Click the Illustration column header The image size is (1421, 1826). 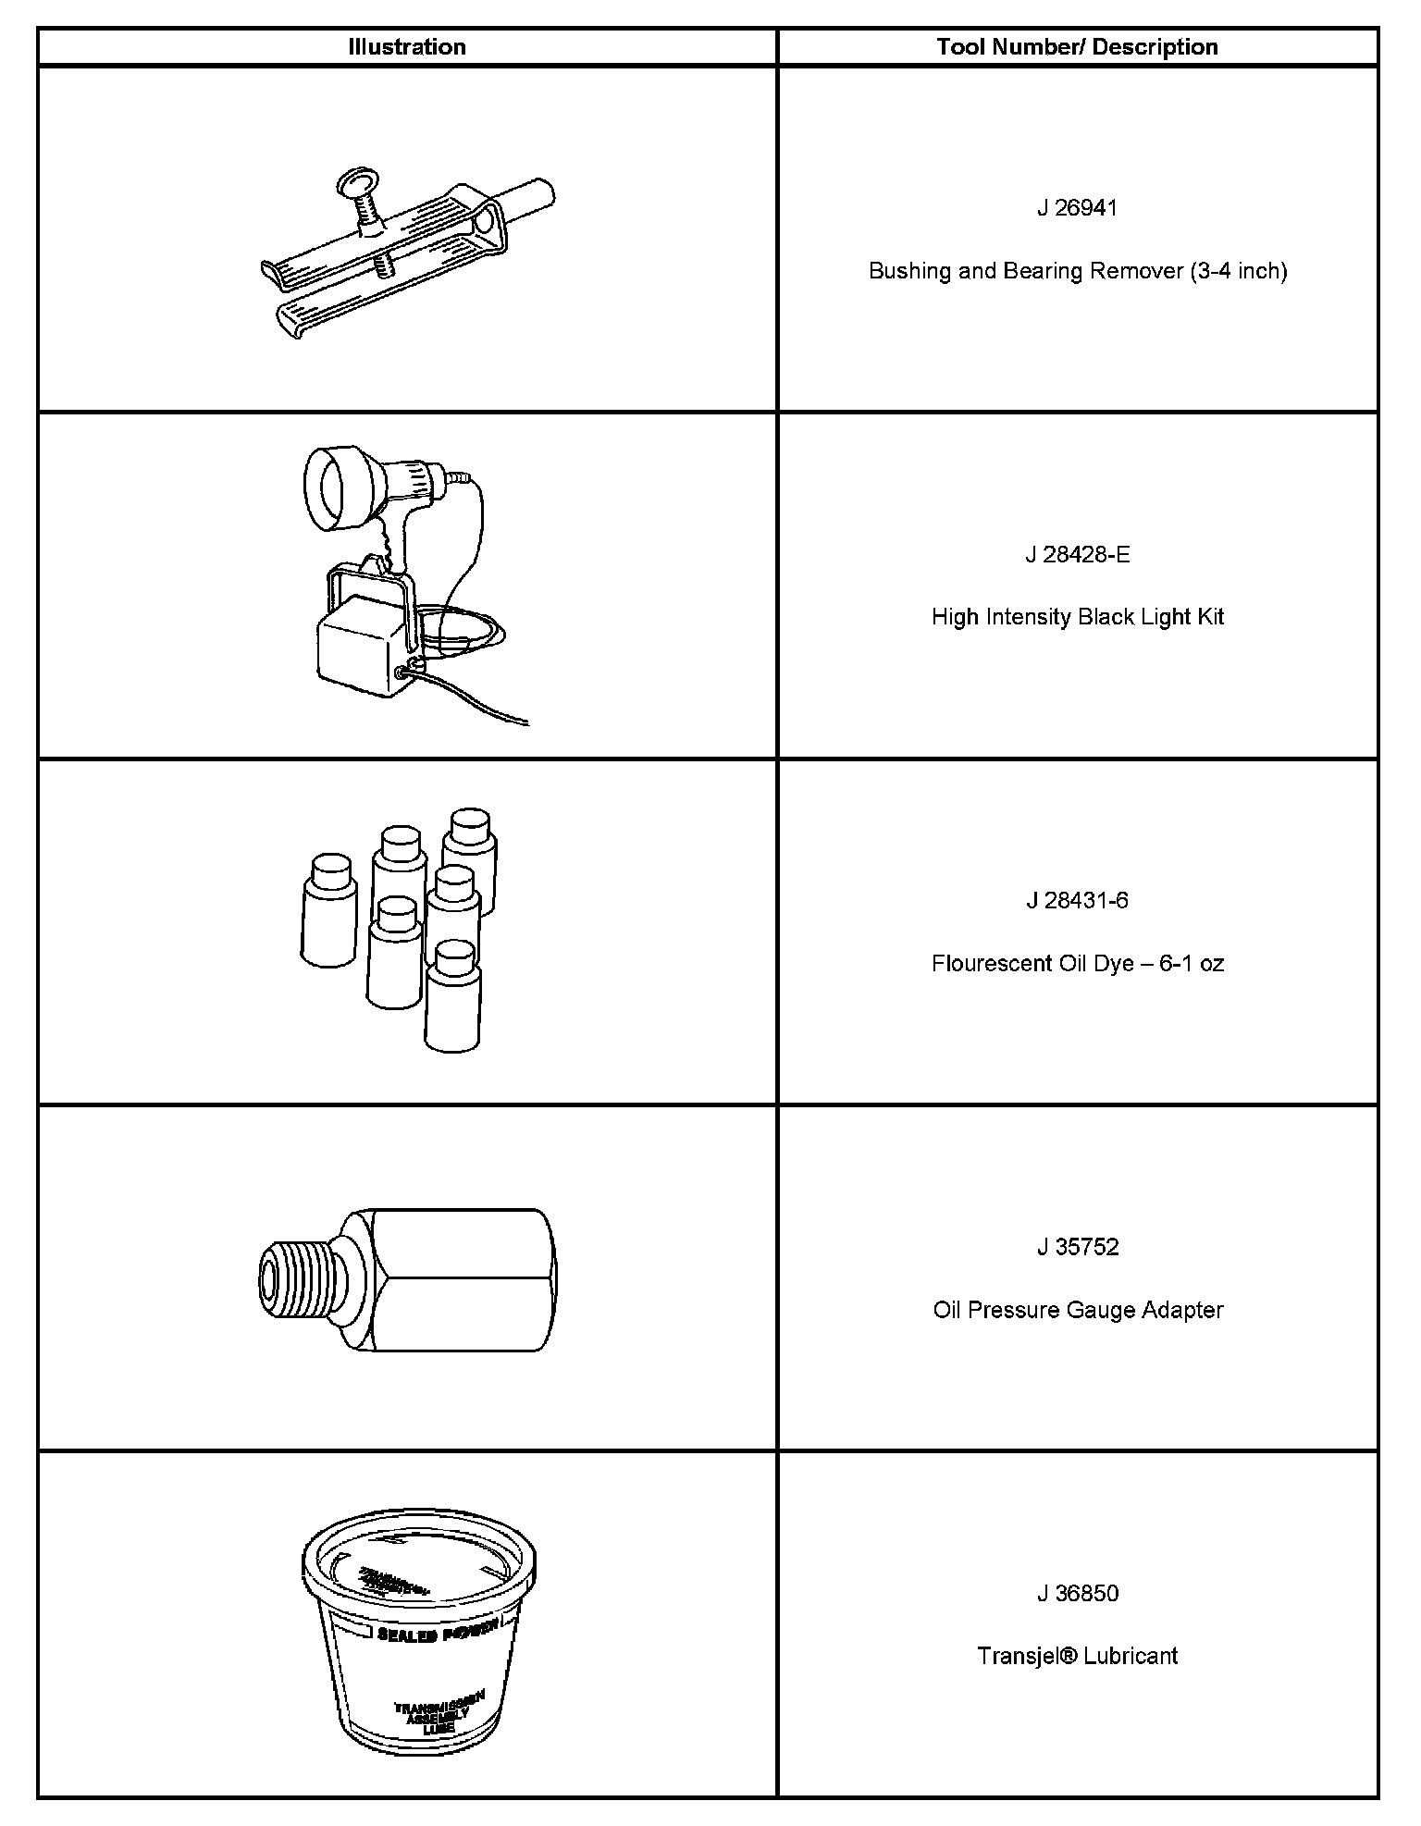(x=406, y=47)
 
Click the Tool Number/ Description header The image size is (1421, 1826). (x=1077, y=47)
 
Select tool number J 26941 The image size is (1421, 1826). (x=1077, y=208)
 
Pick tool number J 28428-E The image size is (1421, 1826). (x=1077, y=554)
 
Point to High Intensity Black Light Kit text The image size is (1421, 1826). (x=1077, y=617)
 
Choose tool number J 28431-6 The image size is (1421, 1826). (x=1077, y=900)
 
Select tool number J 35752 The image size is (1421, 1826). (x=1077, y=1247)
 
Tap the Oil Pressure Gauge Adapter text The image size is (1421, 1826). (x=1077, y=1310)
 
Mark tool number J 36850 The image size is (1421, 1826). (x=1077, y=1593)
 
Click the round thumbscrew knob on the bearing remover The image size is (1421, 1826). (x=357, y=181)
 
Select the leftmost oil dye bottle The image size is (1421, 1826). (x=329, y=911)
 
